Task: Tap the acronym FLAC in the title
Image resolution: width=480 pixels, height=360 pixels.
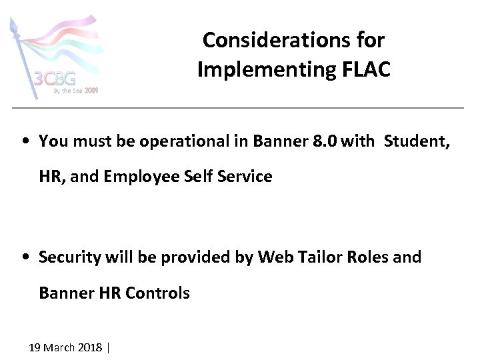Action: pos(366,69)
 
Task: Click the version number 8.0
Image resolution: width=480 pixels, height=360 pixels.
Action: pos(323,141)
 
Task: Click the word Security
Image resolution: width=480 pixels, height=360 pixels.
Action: pos(69,257)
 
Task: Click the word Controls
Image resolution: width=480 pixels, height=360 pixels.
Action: pos(157,293)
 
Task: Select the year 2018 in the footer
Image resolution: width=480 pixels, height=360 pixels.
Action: pos(90,347)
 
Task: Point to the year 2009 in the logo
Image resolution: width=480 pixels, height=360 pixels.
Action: pos(91,91)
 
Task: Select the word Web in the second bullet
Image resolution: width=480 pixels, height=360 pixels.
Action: pos(273,257)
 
